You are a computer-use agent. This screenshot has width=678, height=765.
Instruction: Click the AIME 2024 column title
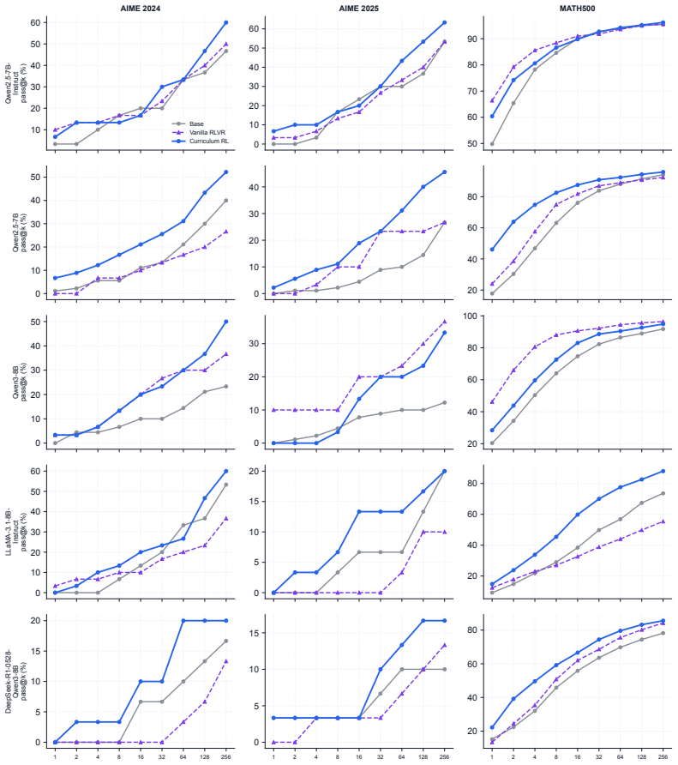(141, 9)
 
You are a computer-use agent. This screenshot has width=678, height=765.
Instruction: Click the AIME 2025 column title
(359, 9)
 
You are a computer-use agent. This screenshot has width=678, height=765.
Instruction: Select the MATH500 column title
(578, 9)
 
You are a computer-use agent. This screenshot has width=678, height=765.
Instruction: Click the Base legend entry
(196, 123)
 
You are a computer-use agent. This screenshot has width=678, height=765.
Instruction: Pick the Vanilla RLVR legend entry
(207, 132)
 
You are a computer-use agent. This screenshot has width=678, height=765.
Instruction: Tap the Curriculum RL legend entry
(209, 141)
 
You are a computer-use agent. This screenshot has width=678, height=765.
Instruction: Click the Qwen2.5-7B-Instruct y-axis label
(16, 83)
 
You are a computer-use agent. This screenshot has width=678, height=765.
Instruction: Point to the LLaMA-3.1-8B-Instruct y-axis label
(16, 532)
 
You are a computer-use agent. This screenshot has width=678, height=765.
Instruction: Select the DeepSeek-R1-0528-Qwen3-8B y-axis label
(16, 682)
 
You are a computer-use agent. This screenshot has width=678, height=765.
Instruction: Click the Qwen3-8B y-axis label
(20, 382)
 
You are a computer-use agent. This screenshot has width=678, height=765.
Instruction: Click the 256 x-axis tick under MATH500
(663, 756)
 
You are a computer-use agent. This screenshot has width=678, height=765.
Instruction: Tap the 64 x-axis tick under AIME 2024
(183, 756)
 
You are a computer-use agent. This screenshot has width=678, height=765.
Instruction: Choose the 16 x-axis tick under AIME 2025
(359, 756)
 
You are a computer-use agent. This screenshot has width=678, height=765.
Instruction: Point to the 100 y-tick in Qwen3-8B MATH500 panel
(471, 316)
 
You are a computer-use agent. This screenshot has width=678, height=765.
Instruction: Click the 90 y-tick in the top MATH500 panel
(473, 39)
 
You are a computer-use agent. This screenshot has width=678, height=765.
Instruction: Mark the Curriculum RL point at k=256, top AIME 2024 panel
(225, 22)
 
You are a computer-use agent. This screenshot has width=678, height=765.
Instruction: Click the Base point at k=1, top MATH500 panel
(492, 144)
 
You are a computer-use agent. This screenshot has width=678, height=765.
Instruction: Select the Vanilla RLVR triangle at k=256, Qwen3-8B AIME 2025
(444, 322)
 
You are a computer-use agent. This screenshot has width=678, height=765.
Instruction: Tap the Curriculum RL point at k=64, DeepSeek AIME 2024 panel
(183, 621)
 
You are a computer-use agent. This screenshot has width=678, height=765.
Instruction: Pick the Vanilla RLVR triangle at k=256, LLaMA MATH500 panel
(663, 521)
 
